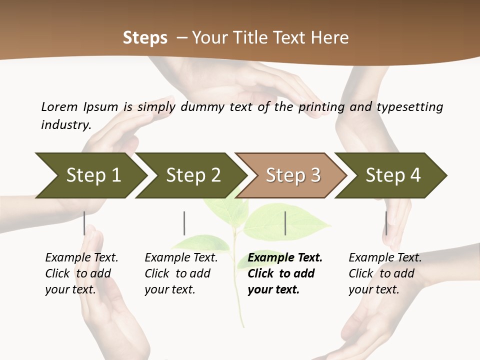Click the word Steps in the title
click(x=145, y=38)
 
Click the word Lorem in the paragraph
click(x=59, y=106)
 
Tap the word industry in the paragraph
click(x=65, y=125)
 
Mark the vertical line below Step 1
click(x=84, y=223)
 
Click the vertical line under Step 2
click(x=184, y=223)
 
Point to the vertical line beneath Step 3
click(x=285, y=223)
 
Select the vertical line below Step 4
click(x=386, y=223)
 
